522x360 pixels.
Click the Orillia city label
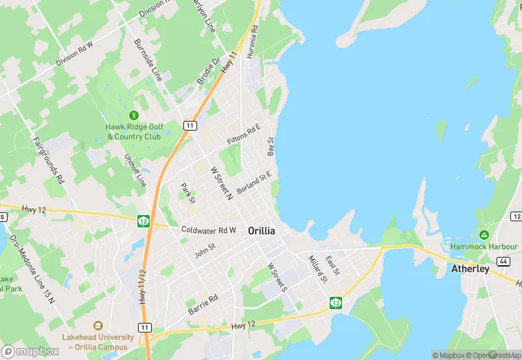pyautogui.click(x=261, y=231)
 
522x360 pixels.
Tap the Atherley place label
pyautogui.click(x=470, y=269)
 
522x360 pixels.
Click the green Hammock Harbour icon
pyautogui.click(x=484, y=236)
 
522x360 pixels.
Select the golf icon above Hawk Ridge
pyautogui.click(x=133, y=115)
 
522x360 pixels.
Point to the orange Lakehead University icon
pyautogui.click(x=98, y=326)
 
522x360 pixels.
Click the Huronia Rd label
pyautogui.click(x=254, y=41)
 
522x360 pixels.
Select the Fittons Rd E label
pyautogui.click(x=244, y=134)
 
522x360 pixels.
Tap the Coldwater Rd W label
pyautogui.click(x=209, y=230)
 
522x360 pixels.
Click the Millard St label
pyautogui.click(x=317, y=269)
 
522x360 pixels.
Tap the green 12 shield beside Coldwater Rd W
pyautogui.click(x=144, y=221)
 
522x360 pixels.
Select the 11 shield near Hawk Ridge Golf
pyautogui.click(x=190, y=125)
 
